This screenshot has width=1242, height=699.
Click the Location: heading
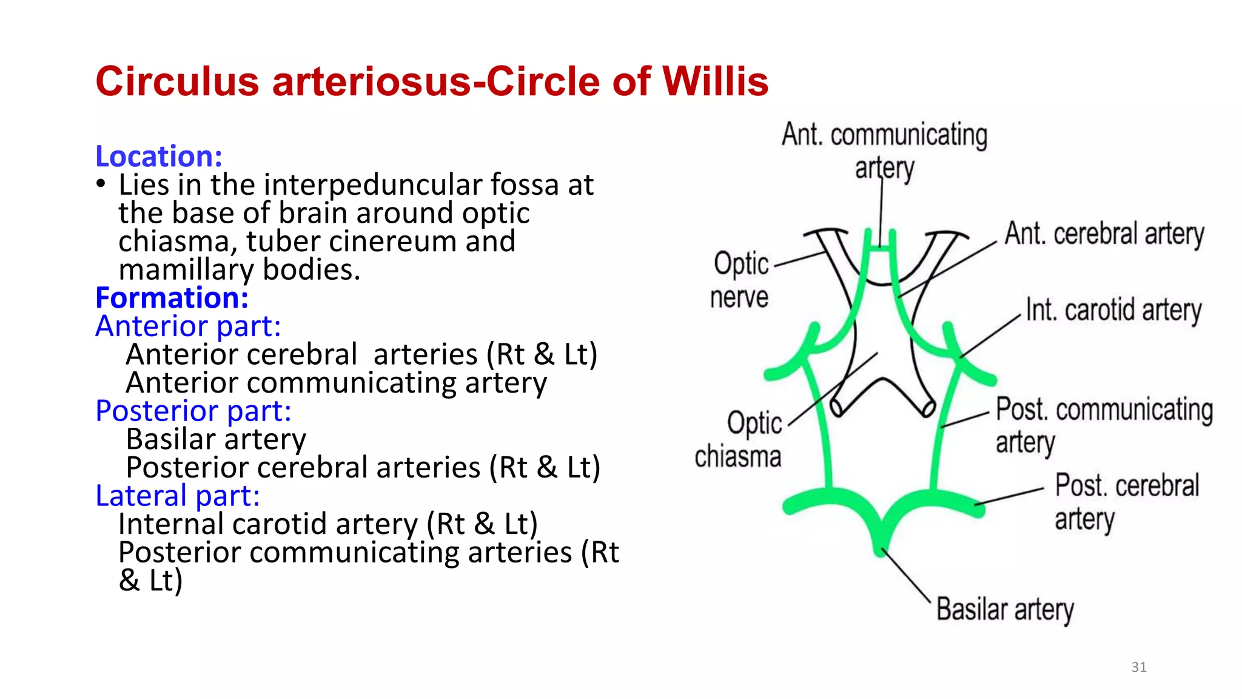pyautogui.click(x=159, y=157)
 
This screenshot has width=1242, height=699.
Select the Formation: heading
pyautogui.click(x=172, y=298)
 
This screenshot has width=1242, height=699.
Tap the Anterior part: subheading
pyautogui.click(x=189, y=326)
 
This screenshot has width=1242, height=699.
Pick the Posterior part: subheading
pyautogui.click(x=193, y=411)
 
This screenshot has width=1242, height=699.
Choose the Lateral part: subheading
pyautogui.click(x=178, y=496)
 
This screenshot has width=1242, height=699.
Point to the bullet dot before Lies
pyautogui.click(x=101, y=183)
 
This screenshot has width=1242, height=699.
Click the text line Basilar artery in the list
pyautogui.click(x=216, y=439)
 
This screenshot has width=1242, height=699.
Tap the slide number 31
pyautogui.click(x=1138, y=667)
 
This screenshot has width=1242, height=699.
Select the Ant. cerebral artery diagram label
pyautogui.click(x=1104, y=234)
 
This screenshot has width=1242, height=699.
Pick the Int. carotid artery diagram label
pyautogui.click(x=1113, y=310)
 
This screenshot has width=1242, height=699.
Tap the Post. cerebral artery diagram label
pyautogui.click(x=1126, y=501)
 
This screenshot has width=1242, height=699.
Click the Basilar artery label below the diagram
pyautogui.click(x=1005, y=609)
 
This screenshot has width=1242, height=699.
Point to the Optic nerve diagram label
pyautogui.click(x=740, y=280)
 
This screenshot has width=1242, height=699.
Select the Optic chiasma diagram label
pyautogui.click(x=739, y=439)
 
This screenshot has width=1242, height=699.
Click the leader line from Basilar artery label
pyautogui.click(x=906, y=575)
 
